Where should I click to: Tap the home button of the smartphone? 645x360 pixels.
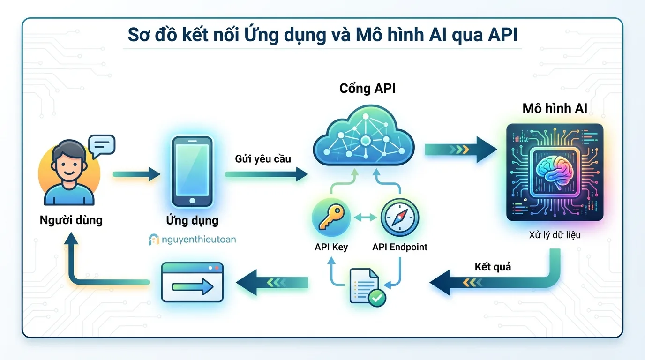tap(192, 201)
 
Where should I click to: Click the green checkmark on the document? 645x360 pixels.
tap(377, 297)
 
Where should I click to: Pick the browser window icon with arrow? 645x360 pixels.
tap(192, 282)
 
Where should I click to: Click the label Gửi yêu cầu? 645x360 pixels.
tap(263, 158)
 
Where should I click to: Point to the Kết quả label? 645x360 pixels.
tap(493, 267)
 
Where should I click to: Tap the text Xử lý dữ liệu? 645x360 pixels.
tap(555, 234)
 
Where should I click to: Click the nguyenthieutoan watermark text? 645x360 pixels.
tap(198, 240)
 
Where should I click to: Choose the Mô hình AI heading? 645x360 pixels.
tap(555, 109)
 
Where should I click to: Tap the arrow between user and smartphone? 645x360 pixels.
tap(136, 174)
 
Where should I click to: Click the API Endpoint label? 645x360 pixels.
tap(400, 247)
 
